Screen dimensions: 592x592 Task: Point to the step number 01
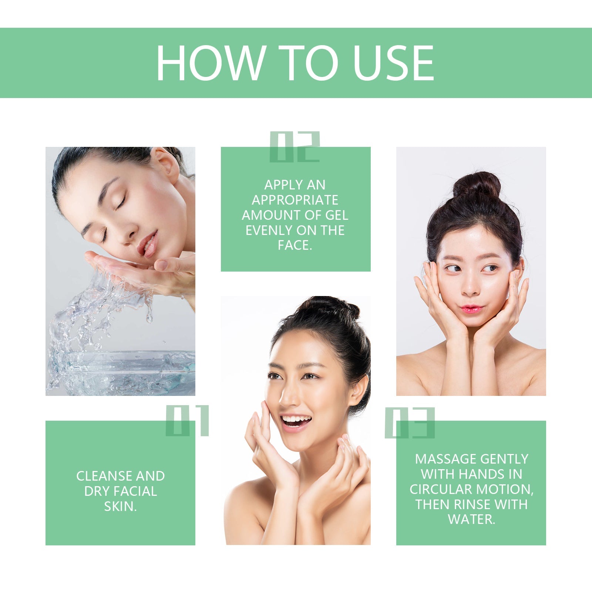pos(187,421)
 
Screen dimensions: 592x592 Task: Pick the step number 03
pos(410,423)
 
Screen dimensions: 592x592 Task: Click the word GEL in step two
pos(337,215)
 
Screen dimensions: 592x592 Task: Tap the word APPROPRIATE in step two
pos(295,200)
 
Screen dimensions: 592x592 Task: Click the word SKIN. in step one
pos(120,506)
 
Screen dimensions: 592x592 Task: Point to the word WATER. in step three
pos(471,519)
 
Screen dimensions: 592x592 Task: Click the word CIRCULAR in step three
pos(440,489)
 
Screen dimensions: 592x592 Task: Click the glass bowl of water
pos(122,372)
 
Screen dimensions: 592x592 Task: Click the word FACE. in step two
pos(295,245)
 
